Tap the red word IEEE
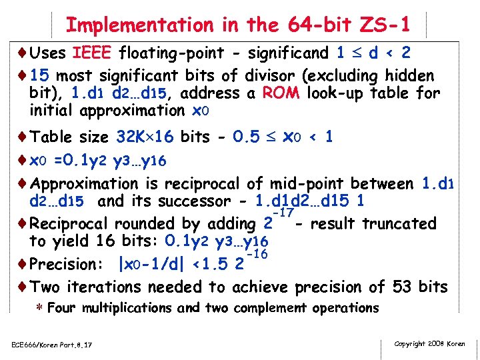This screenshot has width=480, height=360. (96, 53)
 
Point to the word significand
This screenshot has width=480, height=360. (289, 53)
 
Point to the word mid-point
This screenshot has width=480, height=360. (311, 183)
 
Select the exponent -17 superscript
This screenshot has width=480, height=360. (283, 213)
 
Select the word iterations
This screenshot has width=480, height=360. (109, 287)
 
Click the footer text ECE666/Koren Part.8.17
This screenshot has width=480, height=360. (51, 344)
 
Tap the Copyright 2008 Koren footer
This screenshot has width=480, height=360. (429, 344)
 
